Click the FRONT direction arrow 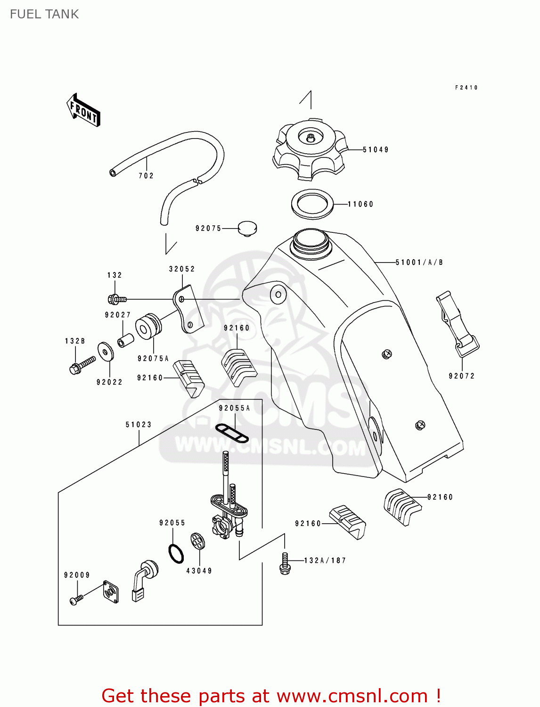tap(83, 110)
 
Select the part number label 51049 tap(376, 150)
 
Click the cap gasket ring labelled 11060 tap(312, 204)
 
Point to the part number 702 tap(146, 176)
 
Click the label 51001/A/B tap(419, 263)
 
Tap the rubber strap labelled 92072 tap(457, 325)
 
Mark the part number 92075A tap(153, 359)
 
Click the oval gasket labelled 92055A tap(232, 433)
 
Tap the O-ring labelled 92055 tap(176, 553)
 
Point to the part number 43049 tap(199, 571)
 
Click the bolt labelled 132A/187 tap(285, 563)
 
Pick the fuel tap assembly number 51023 tap(139, 425)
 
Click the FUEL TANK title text tap(44, 14)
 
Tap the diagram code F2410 tap(466, 88)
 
